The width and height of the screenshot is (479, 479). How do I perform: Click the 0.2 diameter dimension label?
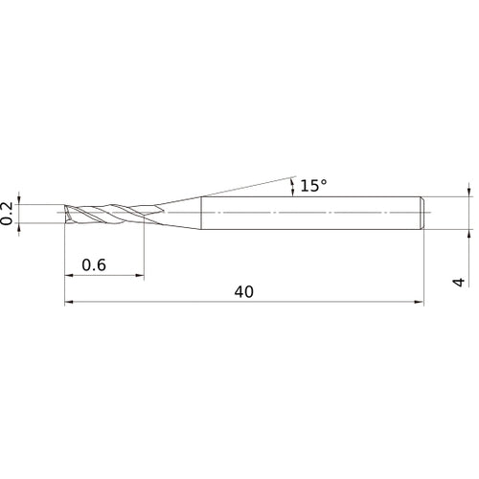coord(8,213)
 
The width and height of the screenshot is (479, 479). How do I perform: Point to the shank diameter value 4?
coord(459,282)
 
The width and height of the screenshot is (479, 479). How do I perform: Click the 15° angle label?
coord(313,186)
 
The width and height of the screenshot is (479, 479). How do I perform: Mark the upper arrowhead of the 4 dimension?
coord(469,193)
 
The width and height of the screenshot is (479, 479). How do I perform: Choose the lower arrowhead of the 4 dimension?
coord(469,231)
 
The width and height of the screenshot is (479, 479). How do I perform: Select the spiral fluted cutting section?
coord(105,212)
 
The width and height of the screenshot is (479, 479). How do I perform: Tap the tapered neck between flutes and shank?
coord(177,212)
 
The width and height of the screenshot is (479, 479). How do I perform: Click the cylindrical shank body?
coord(307,212)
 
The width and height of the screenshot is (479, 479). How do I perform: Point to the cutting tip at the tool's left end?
coord(67,212)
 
